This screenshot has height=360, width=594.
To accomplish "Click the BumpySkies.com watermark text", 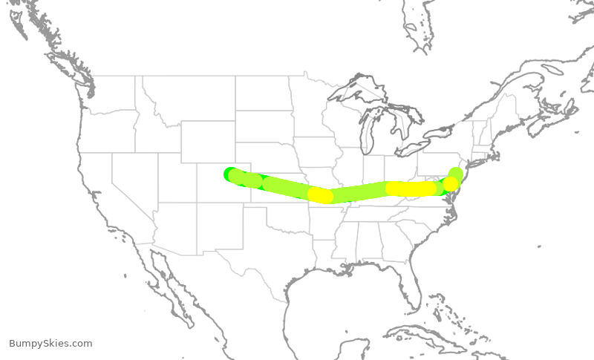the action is point(50,344).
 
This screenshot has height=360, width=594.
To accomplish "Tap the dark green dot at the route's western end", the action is point(229,173).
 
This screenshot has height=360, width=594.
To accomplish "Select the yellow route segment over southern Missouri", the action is point(321,195).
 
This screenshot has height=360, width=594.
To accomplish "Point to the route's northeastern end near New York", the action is point(456,174).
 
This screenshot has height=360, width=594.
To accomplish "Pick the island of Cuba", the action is point(446,327).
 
